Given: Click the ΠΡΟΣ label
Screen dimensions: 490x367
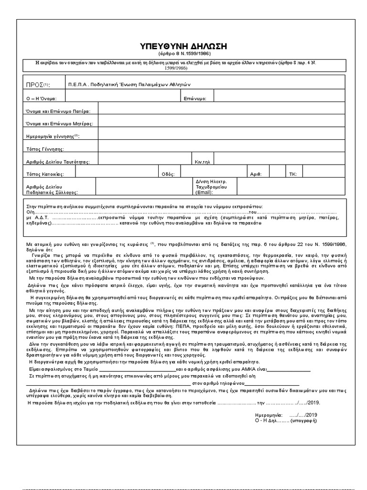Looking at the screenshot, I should [x=34, y=85].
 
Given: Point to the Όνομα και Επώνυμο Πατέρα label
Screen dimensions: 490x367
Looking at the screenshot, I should [x=54, y=111].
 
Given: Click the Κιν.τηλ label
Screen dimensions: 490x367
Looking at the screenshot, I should [x=203, y=162].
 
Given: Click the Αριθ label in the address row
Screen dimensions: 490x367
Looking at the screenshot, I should [x=255, y=174].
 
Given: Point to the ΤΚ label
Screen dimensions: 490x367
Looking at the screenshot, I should [x=293, y=174].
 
